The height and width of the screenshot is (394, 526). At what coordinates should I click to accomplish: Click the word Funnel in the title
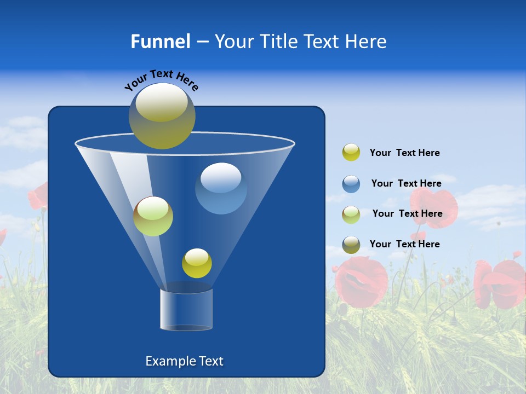coord(160,42)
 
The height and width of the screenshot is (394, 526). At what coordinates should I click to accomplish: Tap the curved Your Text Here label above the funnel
coord(162,80)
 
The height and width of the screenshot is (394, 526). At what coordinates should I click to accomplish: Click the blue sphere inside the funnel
coord(221,188)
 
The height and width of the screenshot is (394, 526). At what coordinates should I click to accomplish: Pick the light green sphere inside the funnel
coord(153,216)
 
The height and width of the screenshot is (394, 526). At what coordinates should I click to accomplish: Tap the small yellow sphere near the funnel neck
coord(197,263)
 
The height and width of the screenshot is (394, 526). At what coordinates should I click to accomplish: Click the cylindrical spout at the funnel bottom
coord(186,310)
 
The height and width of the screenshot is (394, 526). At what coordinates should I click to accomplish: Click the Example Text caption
coord(184,361)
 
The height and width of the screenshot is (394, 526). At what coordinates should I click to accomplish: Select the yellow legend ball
coord(351,153)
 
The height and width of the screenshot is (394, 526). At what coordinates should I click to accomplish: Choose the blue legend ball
coord(351,184)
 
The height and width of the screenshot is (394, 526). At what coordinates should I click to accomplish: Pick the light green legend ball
coord(351,215)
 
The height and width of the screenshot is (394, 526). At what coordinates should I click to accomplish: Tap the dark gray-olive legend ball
coord(351,245)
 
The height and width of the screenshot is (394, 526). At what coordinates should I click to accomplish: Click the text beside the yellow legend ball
coord(404,153)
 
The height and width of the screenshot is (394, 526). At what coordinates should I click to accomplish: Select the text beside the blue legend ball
coord(406,184)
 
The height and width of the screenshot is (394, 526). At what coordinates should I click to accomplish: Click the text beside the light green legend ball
coord(407,214)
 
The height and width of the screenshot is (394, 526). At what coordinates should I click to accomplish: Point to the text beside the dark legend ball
coord(404,244)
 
